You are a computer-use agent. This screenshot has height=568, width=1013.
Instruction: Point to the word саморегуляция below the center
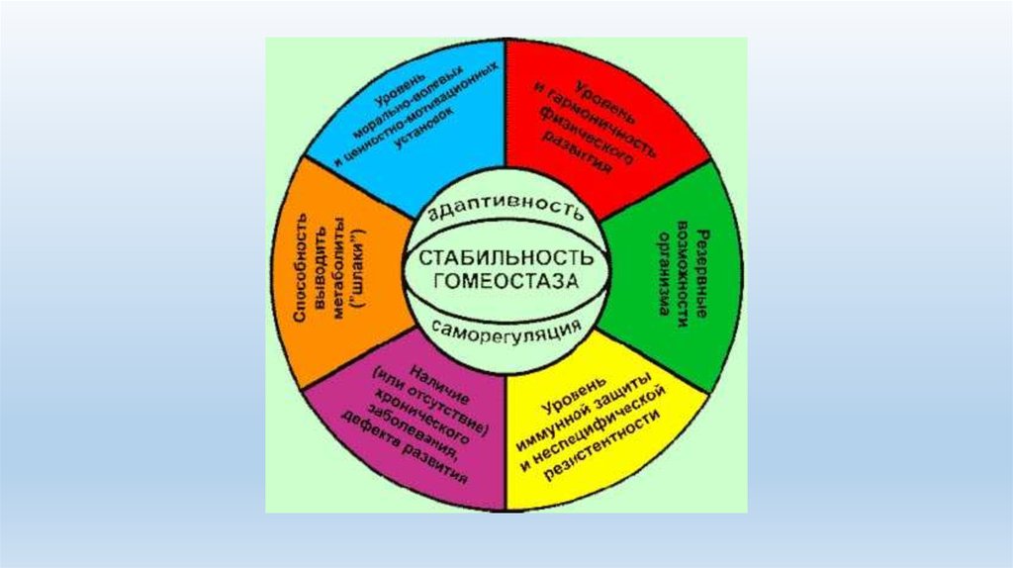pos(505,328)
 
